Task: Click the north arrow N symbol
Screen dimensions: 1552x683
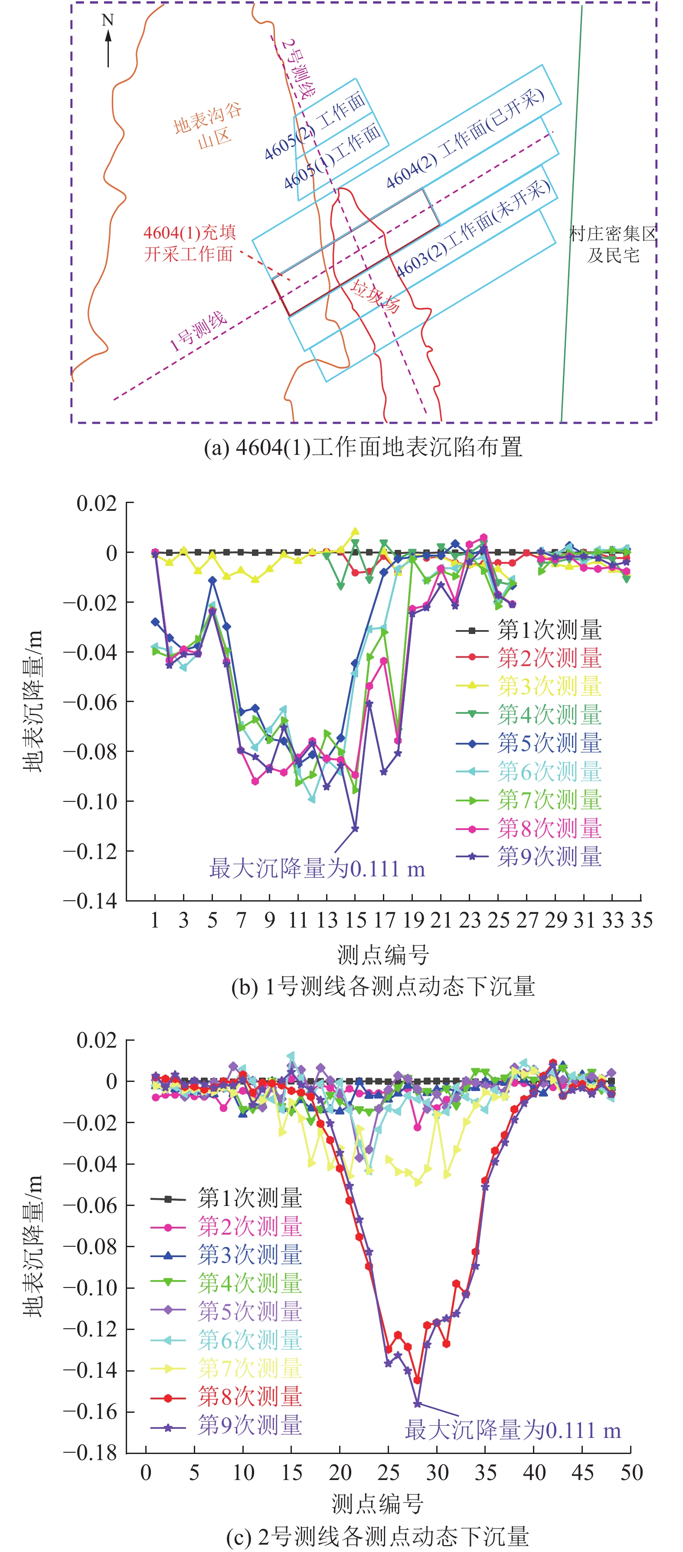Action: click(108, 39)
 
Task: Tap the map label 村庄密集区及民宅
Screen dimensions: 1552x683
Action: click(612, 244)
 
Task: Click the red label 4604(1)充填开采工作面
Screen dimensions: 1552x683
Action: click(189, 243)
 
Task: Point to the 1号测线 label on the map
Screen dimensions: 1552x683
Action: click(198, 331)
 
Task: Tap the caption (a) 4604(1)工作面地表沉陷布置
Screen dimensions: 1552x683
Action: click(363, 447)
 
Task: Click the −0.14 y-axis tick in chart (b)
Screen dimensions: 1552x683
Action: click(90, 901)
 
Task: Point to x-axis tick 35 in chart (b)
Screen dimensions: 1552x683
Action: click(641, 920)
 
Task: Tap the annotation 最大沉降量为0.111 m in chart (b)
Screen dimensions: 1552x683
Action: click(317, 869)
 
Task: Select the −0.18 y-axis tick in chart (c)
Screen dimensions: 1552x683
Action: click(90, 1453)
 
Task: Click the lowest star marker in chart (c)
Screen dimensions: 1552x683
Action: click(417, 1404)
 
